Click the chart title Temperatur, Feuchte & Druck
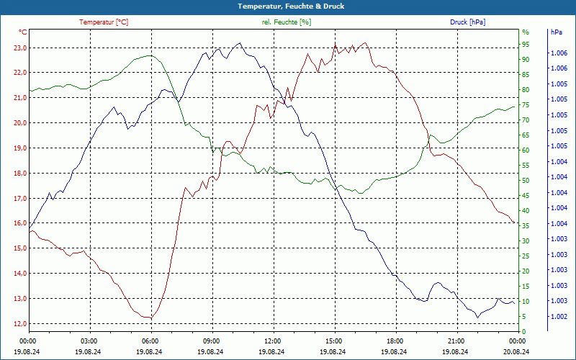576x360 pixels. pos(288,6)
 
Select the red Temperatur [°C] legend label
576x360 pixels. pos(104,22)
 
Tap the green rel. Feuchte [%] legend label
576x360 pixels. pos(287,22)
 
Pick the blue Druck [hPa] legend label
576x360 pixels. pos(467,22)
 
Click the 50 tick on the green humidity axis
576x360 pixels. pos(526,181)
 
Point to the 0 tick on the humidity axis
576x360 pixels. pos(523,331)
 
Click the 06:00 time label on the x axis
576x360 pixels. pos(150,341)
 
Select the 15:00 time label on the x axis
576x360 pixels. pos(334,341)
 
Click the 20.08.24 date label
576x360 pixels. pos(517,351)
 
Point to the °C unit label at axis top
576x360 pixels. pos(23,32)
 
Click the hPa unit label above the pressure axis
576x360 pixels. pos(556,32)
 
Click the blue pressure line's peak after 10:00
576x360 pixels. pos(239,43)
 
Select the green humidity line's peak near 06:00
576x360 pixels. pos(149,55)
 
